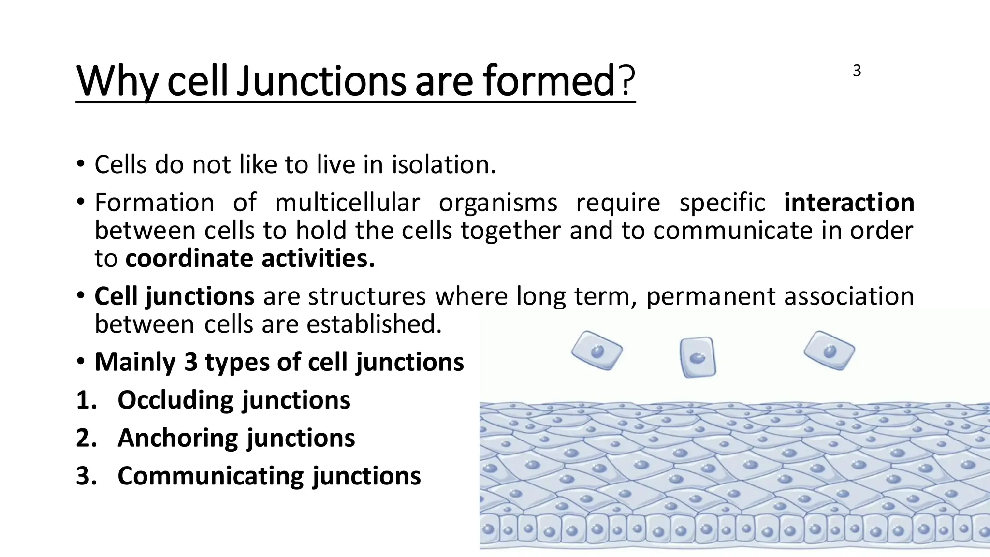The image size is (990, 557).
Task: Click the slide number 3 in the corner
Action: [857, 71]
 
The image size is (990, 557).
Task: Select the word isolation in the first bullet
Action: [443, 164]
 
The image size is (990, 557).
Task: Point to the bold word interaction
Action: [849, 202]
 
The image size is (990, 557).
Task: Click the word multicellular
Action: [347, 202]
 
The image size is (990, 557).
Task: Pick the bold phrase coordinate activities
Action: [250, 258]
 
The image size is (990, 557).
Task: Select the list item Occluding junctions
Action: [234, 400]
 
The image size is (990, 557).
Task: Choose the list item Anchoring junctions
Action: [236, 438]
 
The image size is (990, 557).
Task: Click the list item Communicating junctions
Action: [269, 476]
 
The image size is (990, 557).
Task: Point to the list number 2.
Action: [87, 438]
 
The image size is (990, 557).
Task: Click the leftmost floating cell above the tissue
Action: [597, 351]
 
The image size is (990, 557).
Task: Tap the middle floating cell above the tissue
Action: [697, 357]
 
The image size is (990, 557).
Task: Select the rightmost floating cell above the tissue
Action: [829, 350]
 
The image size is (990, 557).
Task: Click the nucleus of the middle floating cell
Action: [697, 358]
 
